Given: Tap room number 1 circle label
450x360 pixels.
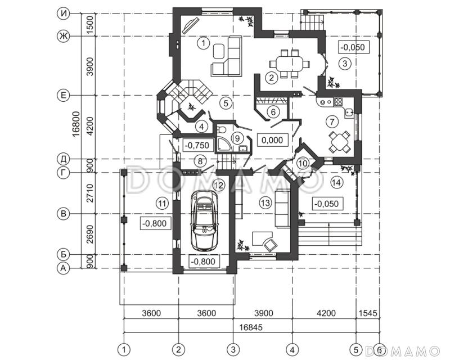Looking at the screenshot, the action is click(x=204, y=44).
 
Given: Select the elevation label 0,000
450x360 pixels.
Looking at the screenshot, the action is click(x=272, y=140).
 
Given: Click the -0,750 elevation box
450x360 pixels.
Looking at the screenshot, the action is click(x=197, y=145).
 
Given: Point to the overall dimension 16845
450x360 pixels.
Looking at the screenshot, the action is click(x=251, y=327).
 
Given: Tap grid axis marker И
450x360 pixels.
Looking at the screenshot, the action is click(x=63, y=13).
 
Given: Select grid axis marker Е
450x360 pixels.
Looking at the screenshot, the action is click(x=63, y=95).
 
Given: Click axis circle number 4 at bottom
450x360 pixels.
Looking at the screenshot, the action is click(x=292, y=350).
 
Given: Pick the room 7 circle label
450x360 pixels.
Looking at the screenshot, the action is click(x=332, y=121).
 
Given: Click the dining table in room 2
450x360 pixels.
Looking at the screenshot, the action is click(x=289, y=63).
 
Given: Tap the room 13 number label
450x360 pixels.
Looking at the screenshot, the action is click(x=265, y=203).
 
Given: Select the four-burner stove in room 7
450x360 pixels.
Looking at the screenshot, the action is click(x=338, y=102).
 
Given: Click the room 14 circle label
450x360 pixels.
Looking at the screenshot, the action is click(x=336, y=182).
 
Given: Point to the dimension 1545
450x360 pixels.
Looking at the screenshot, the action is click(x=368, y=313).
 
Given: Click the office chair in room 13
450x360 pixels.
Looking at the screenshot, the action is click(x=270, y=245).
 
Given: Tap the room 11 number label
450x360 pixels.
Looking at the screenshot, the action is click(x=162, y=204).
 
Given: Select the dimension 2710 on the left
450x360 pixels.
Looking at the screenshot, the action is click(x=90, y=193).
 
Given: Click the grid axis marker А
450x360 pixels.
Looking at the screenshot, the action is click(x=63, y=268).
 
